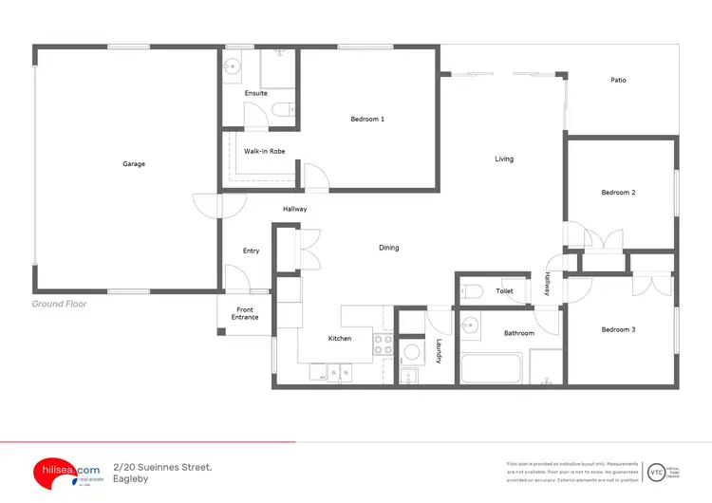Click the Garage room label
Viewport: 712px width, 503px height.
pos(134,164)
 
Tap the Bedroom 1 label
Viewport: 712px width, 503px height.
pos(367,119)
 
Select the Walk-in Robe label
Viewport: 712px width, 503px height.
pos(265,151)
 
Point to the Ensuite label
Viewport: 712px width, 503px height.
pos(255,93)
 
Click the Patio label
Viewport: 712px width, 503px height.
pos(618,80)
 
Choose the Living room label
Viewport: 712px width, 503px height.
pos(504,158)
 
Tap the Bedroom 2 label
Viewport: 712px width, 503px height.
pos(618,193)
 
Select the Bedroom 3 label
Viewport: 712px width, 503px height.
pos(618,329)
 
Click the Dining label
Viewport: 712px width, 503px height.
pos(389,248)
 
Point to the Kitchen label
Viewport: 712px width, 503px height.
pos(340,338)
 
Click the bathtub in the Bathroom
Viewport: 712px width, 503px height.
pos(491,369)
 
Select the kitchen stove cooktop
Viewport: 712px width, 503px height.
pos(384,345)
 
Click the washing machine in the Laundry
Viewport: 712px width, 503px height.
pos(411,353)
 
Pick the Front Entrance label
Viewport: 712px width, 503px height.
pos(245,313)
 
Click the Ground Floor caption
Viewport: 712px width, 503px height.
pos(60,304)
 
